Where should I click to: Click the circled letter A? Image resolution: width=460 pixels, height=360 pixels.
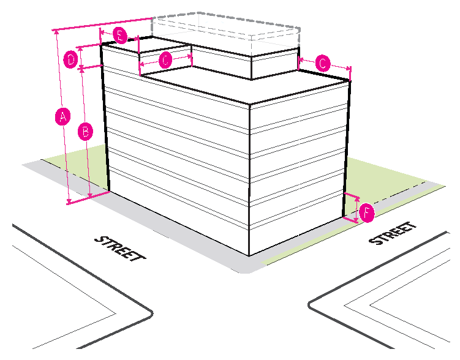(x=61, y=116)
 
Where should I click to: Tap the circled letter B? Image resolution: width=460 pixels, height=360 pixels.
(x=86, y=130)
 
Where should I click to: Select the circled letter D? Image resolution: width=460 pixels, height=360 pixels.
(x=71, y=60)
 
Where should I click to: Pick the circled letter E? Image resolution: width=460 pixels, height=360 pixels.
(x=120, y=36)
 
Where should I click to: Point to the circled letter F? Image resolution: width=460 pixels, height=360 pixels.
(x=366, y=213)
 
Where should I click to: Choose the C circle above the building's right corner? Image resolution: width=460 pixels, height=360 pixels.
(x=323, y=62)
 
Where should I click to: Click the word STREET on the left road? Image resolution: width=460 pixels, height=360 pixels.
(x=120, y=248)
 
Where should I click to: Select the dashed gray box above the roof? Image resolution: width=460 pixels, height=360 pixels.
(x=227, y=28)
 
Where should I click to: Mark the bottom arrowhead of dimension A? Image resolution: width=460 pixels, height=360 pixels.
(x=69, y=202)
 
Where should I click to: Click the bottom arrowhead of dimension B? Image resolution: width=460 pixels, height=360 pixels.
(x=90, y=195)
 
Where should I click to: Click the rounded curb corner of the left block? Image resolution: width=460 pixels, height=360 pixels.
(x=147, y=312)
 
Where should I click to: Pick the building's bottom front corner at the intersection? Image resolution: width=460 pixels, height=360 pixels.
(x=248, y=256)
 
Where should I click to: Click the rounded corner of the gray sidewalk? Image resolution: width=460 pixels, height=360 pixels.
(x=247, y=270)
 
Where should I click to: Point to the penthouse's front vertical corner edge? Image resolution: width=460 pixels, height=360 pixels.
(x=252, y=67)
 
